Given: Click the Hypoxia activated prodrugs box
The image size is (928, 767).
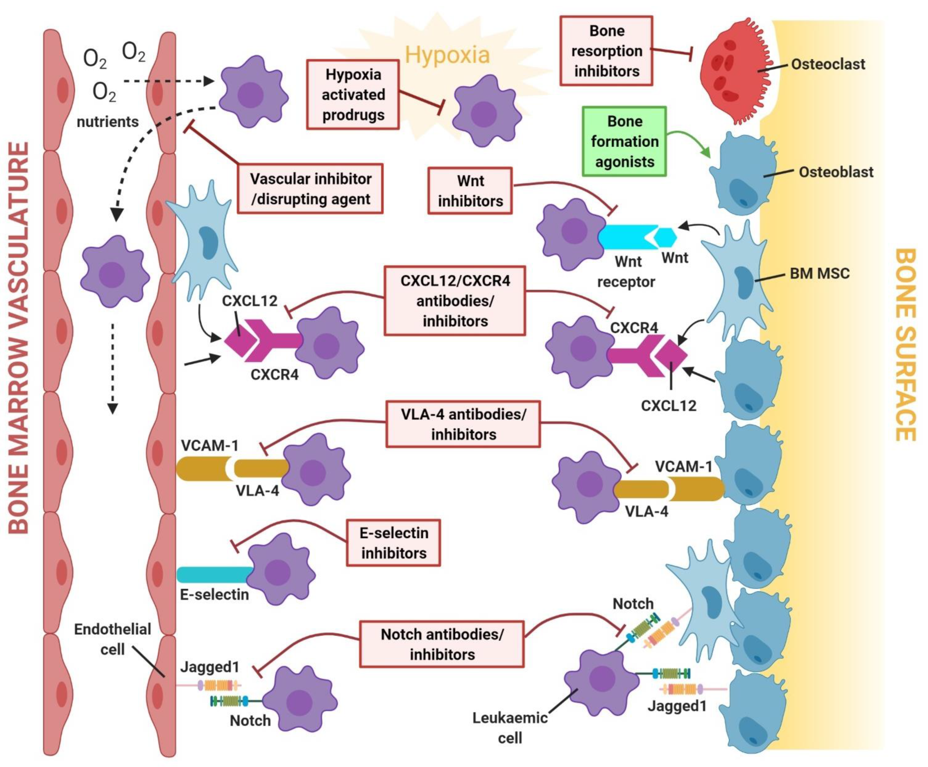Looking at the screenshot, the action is [x=353, y=95].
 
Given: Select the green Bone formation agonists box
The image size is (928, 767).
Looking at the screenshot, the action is [x=624, y=141].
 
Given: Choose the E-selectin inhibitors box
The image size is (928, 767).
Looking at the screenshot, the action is [x=393, y=543].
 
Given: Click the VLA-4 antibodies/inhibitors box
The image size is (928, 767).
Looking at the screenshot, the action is [x=463, y=424].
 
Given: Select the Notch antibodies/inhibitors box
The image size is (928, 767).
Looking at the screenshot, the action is [x=442, y=644].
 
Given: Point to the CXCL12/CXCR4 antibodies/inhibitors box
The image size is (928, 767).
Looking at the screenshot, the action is [x=455, y=301].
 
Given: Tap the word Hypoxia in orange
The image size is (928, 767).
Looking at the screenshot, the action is [x=447, y=55].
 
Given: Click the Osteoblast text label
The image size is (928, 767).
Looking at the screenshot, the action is [x=836, y=172].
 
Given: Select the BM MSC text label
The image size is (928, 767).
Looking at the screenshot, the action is [x=819, y=273].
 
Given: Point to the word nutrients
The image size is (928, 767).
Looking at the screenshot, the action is [x=108, y=122].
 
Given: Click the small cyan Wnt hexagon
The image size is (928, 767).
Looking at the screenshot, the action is [x=665, y=237].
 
